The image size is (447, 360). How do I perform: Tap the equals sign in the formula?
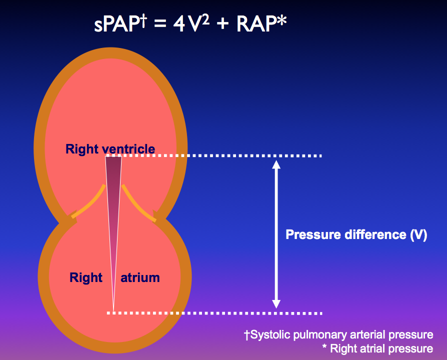(x=160, y=23)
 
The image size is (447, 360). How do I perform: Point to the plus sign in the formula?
(x=222, y=23)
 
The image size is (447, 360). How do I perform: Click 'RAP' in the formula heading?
(x=256, y=24)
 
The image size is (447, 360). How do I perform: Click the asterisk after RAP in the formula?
(x=281, y=21)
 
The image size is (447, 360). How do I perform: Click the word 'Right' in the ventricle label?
(x=82, y=149)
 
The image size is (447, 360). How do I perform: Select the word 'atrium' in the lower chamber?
(x=140, y=277)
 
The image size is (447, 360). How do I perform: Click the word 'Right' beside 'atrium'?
(x=86, y=277)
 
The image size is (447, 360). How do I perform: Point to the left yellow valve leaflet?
(x=90, y=202)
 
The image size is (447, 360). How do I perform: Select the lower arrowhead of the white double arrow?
(x=276, y=304)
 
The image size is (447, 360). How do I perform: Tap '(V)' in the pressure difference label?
(x=418, y=235)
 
